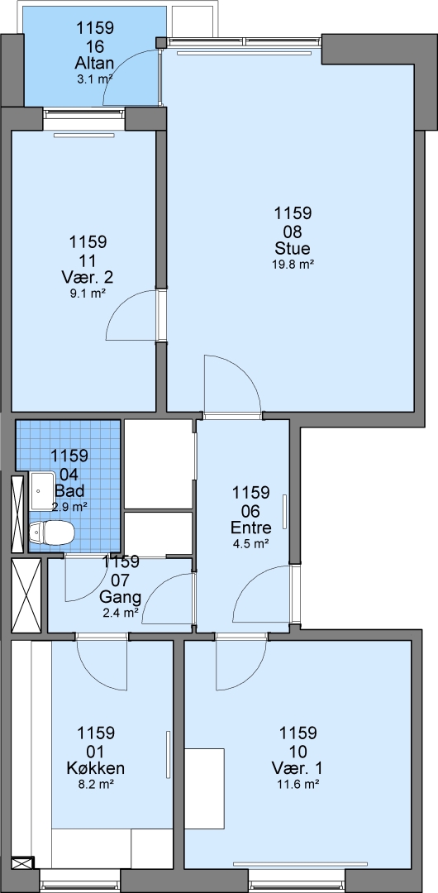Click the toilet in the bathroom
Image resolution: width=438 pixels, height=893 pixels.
coord(51,532)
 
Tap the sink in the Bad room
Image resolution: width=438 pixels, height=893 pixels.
coord(41,490)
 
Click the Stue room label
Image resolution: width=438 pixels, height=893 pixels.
coord(293,249)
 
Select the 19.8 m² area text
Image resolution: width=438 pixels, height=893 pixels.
coord(293,265)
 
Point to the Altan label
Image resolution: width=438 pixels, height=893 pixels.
coord(95,63)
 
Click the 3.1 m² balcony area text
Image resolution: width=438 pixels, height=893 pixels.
coord(94,79)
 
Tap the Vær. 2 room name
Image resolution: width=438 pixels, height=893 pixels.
coord(88,278)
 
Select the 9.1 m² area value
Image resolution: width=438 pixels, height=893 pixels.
coord(88,294)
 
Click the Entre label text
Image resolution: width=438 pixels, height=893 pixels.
coord(251,528)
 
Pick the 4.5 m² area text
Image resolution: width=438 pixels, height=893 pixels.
coord(251,543)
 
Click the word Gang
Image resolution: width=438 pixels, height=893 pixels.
coord(120,598)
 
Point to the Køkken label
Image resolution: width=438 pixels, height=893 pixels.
coord(96,768)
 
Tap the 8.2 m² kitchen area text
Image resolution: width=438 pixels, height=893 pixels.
coord(96,784)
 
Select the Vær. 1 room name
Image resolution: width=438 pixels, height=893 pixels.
coord(296,768)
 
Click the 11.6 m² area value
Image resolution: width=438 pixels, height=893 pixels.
coord(296,784)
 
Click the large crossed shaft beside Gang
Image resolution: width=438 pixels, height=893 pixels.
coord(26,595)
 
